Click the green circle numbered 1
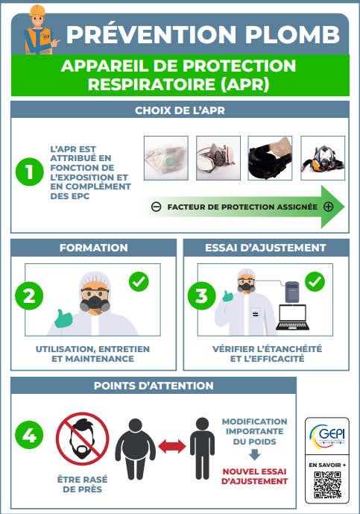coord(30,172)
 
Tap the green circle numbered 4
coord(29,435)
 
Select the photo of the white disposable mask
coord(166,158)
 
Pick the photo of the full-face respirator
coord(323,158)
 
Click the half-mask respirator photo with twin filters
coord(218,158)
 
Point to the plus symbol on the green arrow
coord(328,207)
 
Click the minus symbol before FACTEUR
coord(157,207)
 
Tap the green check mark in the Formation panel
coord(139,281)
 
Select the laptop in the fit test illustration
coord(292,317)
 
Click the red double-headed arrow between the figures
coord(172,446)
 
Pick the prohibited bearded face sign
coord(83,439)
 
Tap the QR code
coord(327,485)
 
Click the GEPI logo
coord(327,436)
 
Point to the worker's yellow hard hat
coord(37,10)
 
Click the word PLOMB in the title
coord(292,34)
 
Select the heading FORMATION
coord(94,248)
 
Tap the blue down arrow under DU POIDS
coord(254,454)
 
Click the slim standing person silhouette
coord(202,448)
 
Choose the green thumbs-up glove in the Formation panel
coord(63,319)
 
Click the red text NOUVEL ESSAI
coord(254,471)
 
